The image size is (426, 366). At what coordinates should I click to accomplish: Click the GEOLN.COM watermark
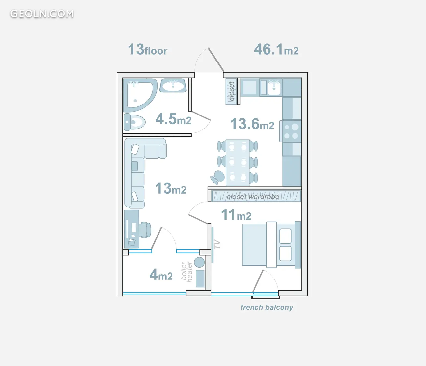pos(42,14)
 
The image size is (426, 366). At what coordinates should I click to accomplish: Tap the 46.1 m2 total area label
pos(276,49)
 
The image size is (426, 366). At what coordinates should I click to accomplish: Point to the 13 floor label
pos(147,49)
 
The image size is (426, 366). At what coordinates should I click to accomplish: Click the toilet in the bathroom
pos(135,122)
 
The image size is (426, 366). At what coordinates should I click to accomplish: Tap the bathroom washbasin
pos(173,86)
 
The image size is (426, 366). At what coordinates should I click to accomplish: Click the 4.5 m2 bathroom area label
pos(173,119)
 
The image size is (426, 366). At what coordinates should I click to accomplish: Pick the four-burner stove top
pos(291,131)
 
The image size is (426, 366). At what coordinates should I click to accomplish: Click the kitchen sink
pos(274,88)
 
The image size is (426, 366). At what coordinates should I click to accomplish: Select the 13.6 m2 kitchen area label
pos(252,124)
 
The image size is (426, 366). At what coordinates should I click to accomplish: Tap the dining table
pos(238,162)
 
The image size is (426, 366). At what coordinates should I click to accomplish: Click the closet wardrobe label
pos(253,197)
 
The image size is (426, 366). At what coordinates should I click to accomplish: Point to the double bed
pos(272,245)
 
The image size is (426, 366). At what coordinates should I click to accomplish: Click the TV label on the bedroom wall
pos(217,244)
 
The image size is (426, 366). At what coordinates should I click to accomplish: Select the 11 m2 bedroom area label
pos(236,214)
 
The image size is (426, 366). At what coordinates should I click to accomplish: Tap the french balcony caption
pos(267,307)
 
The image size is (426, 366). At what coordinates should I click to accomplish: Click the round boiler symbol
pos(199,262)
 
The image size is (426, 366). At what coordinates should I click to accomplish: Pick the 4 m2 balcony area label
pos(161,275)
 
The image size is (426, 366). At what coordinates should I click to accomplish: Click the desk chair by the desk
pos(145,230)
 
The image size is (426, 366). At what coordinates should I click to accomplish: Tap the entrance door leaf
pos(216,60)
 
